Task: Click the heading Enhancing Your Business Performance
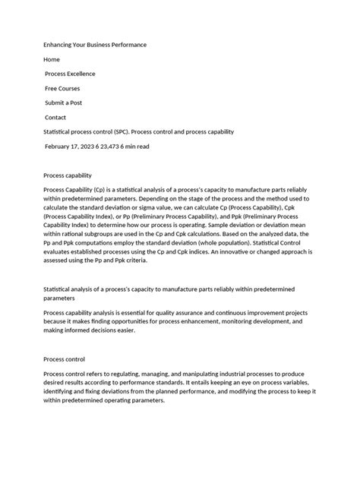(95, 45)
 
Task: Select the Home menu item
(52, 59)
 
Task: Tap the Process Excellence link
(71, 74)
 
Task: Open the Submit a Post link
(66, 103)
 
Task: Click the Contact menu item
(55, 118)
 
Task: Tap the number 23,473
(126, 146)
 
